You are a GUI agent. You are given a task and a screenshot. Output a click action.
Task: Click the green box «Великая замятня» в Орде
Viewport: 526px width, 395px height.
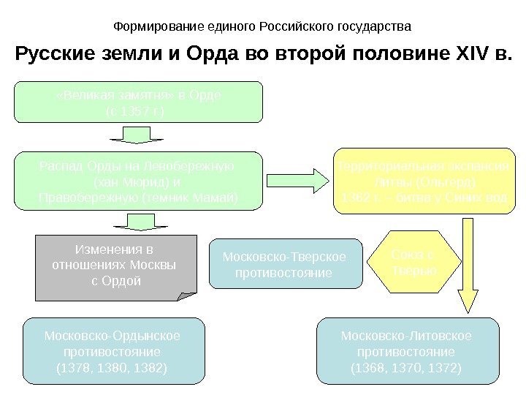(138, 102)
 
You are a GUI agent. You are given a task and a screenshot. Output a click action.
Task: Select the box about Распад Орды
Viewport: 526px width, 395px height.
(138, 181)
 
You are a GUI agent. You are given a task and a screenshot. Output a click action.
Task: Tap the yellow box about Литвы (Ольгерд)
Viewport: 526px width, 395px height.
(423, 181)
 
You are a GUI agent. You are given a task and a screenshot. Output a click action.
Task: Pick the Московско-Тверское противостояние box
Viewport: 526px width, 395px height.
(286, 263)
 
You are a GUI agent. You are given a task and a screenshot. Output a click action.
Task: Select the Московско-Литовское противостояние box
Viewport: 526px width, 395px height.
(407, 351)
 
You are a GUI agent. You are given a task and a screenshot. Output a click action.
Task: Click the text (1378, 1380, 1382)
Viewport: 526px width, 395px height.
(112, 367)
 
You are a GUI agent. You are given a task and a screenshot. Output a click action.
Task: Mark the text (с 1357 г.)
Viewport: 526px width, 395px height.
(136, 111)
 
